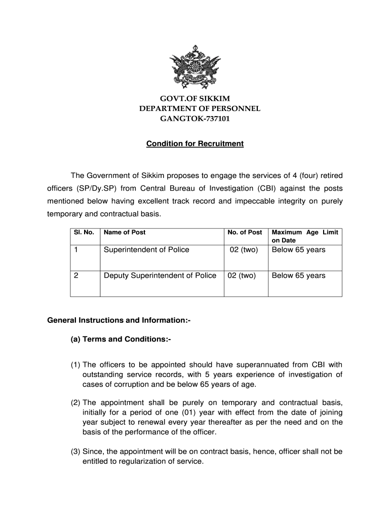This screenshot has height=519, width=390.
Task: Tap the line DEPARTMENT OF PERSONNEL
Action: point(200,108)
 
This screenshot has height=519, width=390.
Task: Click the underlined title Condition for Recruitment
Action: point(195,144)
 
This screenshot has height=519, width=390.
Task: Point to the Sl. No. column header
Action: point(81,233)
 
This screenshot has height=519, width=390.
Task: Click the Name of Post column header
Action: point(125,233)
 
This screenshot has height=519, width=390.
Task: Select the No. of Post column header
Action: point(245,233)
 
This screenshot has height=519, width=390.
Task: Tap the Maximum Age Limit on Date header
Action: point(305,236)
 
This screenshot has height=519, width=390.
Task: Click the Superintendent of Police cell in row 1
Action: point(146,250)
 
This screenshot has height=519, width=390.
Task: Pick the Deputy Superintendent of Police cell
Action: point(160,276)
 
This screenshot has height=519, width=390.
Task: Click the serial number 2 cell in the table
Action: point(76,276)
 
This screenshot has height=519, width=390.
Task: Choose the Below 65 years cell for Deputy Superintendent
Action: point(298,276)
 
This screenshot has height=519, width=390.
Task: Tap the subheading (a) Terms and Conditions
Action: point(121,339)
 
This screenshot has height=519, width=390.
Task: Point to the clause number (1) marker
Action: point(75,364)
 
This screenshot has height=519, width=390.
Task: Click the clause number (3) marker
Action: point(75,452)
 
